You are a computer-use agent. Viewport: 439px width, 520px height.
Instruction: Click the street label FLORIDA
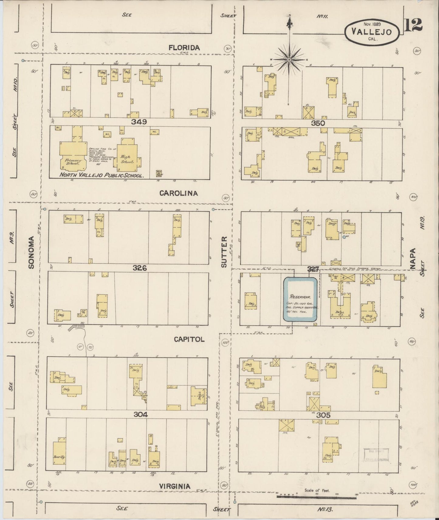(x=184, y=48)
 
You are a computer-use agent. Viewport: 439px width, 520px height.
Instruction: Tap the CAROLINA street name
(x=179, y=193)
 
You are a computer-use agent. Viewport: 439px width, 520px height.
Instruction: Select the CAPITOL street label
(x=189, y=339)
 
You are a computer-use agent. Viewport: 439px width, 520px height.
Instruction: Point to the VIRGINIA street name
(x=175, y=486)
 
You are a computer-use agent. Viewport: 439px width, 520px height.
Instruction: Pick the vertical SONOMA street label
(x=32, y=252)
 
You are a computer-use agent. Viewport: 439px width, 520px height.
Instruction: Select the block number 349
(x=139, y=122)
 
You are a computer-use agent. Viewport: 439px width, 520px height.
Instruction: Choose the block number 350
(x=318, y=123)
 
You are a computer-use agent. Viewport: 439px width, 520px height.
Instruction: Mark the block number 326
(x=139, y=268)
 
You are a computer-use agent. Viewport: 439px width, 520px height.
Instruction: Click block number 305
(x=323, y=415)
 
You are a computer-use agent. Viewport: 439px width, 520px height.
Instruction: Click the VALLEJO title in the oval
(x=372, y=32)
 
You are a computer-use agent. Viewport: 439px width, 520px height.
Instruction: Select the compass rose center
(x=289, y=60)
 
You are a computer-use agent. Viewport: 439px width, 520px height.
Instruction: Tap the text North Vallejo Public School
(x=101, y=175)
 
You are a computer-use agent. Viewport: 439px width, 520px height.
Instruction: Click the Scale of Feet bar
(x=317, y=496)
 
